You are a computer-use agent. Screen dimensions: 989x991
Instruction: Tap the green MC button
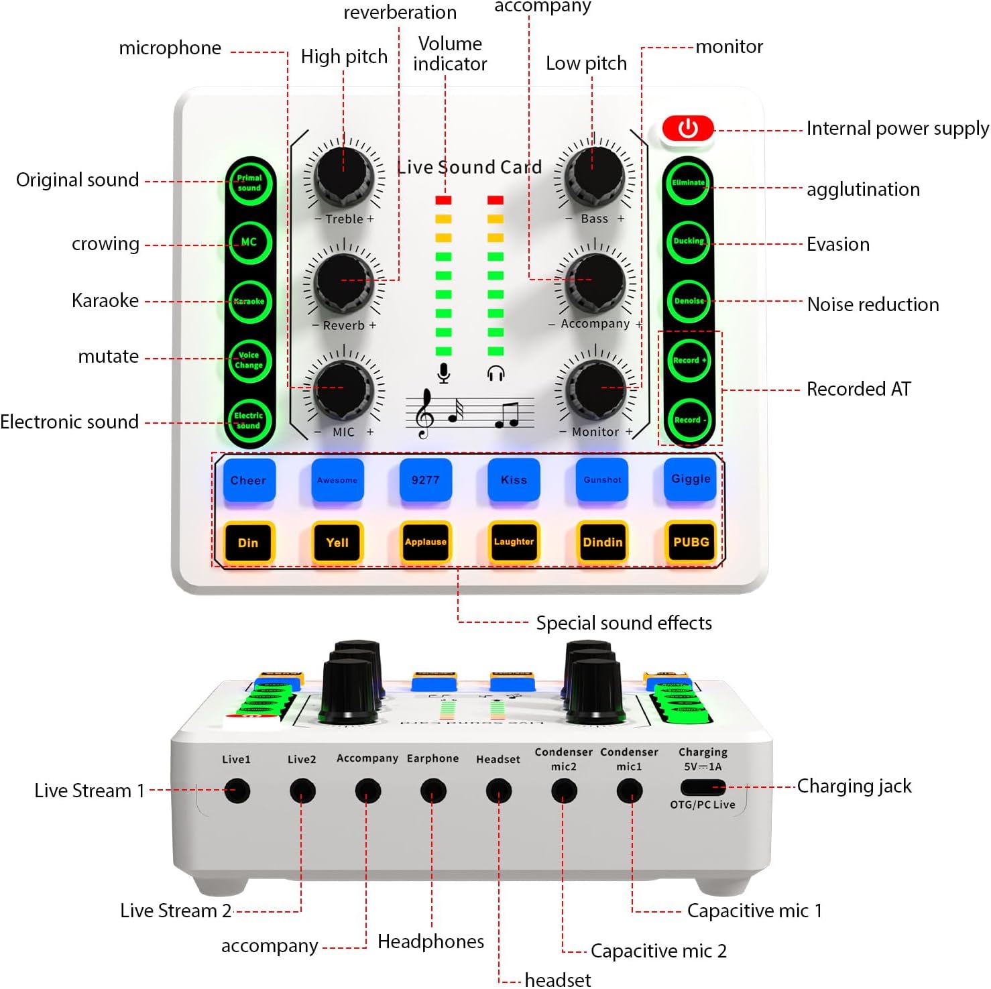tap(249, 242)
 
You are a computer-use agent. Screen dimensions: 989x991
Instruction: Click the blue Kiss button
tap(514, 479)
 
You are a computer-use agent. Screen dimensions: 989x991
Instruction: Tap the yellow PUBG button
tap(691, 542)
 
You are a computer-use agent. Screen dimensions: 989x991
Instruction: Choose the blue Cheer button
tap(249, 479)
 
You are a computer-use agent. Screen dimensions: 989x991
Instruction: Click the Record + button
tap(689, 360)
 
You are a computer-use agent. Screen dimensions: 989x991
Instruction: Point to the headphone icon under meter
tap(496, 373)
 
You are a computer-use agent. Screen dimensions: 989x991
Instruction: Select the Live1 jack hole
tap(237, 791)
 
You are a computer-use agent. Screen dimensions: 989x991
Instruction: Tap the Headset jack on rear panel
tap(498, 791)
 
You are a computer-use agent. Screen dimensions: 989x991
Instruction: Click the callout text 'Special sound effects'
tap(624, 623)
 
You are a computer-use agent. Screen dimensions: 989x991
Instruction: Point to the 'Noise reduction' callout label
tap(872, 304)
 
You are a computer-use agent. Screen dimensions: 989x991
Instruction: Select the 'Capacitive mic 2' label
tap(658, 951)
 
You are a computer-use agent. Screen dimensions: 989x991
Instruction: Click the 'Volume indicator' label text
tap(450, 54)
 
